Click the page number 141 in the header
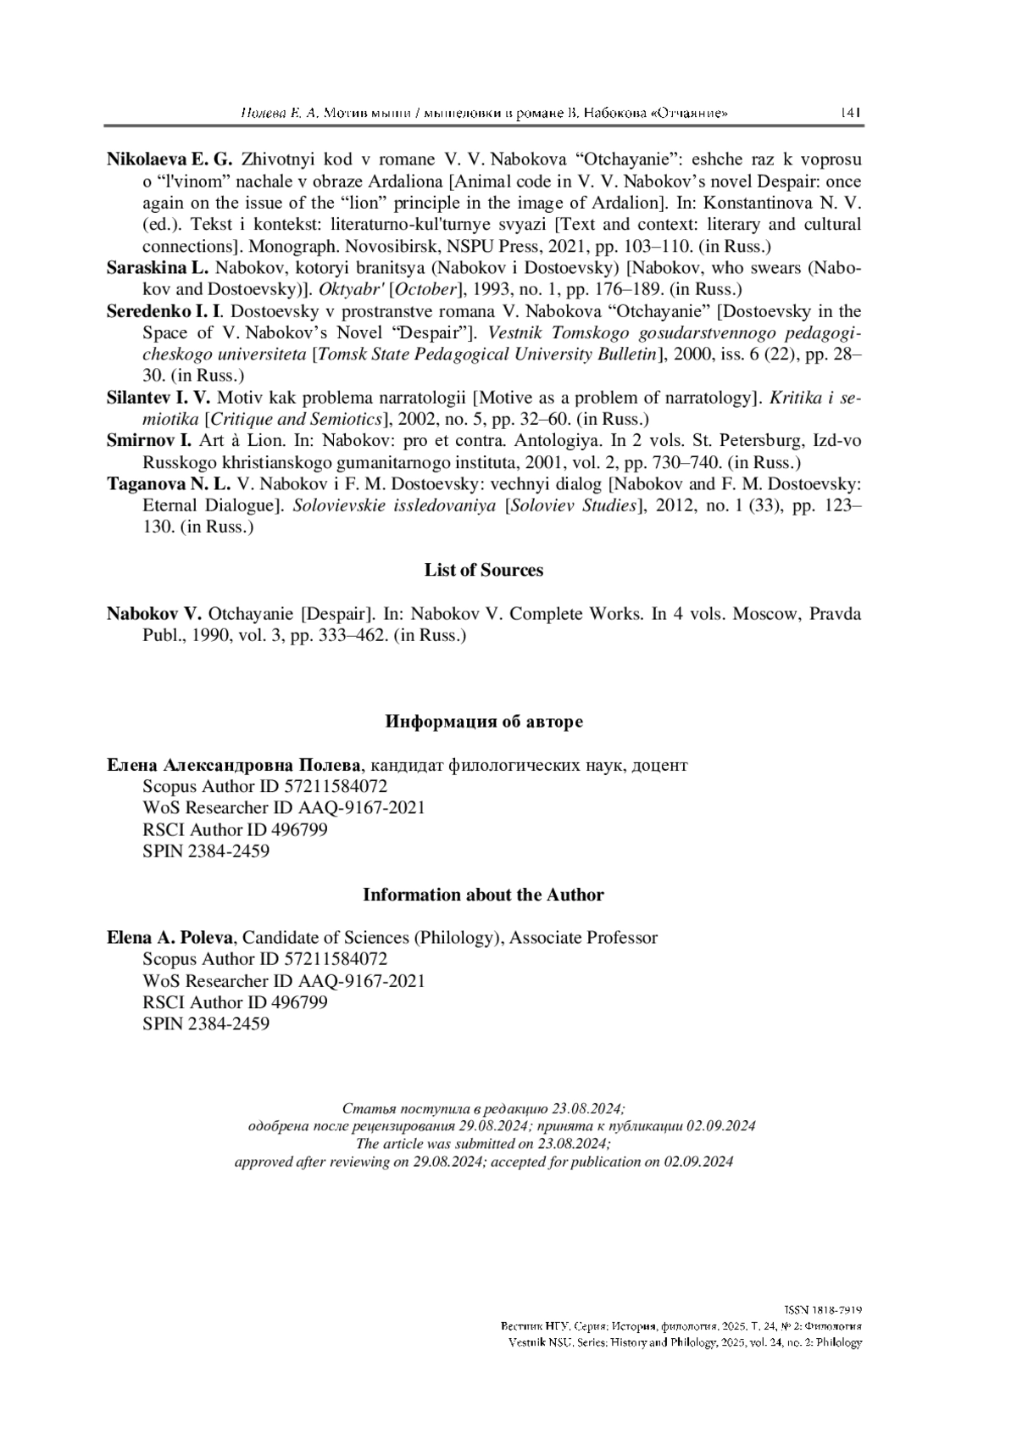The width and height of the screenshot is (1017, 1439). point(850,113)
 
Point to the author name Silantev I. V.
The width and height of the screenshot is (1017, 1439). point(158,398)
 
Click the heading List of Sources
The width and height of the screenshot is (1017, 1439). point(484,571)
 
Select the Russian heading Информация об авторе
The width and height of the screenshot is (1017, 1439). point(484,722)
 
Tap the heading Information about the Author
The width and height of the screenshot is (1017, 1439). point(483,895)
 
